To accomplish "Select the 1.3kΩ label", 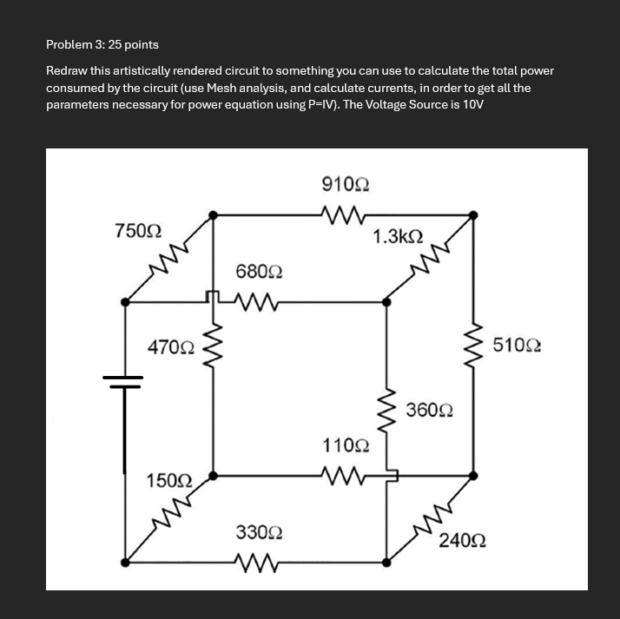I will coord(398,236).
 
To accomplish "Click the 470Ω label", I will coord(171,347).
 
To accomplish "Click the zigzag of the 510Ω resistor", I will coord(473,346).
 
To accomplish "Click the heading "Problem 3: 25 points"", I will coord(102,43).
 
